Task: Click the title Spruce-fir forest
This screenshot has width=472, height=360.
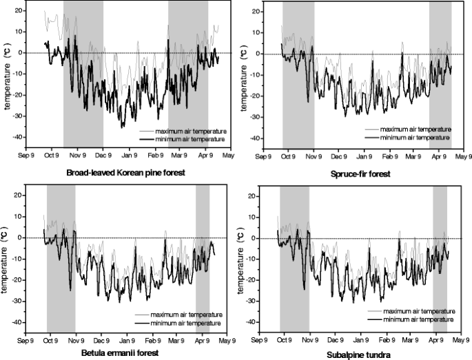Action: click(360, 174)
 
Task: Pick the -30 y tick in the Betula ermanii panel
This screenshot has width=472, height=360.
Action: click(19, 301)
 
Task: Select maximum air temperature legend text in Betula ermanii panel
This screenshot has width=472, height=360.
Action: click(187, 313)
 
